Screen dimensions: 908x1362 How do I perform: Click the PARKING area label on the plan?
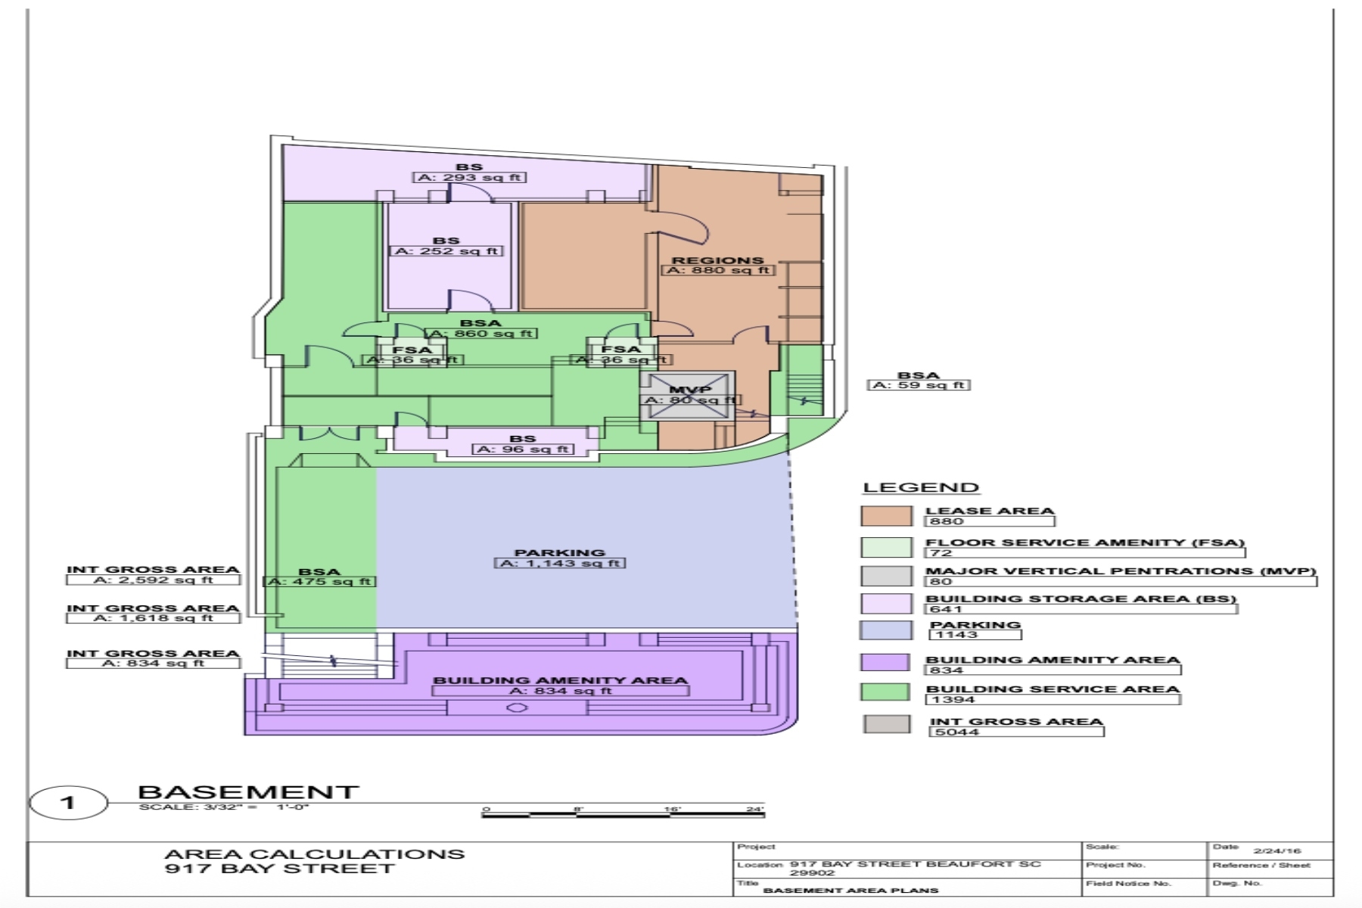560,558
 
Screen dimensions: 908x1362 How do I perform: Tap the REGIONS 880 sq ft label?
717,266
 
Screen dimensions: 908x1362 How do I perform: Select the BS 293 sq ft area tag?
469,173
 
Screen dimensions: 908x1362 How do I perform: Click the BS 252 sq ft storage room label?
446,247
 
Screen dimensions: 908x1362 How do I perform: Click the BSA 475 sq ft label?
319,577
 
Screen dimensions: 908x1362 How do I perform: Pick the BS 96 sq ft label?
523,444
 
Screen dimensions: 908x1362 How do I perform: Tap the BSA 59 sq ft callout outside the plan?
919,381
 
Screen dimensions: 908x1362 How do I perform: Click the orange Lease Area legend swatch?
886,516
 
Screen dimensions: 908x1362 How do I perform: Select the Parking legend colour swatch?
886,630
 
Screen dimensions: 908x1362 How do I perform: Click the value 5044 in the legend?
957,732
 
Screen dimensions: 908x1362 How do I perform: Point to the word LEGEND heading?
921,488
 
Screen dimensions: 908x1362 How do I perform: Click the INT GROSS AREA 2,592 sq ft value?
153,580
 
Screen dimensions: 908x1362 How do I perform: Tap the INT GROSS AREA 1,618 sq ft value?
153,618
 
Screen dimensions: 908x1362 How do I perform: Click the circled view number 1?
68,803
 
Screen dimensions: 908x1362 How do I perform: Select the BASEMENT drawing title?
248,792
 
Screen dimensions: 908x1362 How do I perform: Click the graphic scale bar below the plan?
622,814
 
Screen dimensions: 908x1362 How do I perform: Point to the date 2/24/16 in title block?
1276,850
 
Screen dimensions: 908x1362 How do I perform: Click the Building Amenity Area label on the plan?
560,686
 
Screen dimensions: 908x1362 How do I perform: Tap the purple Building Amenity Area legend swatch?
885,663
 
